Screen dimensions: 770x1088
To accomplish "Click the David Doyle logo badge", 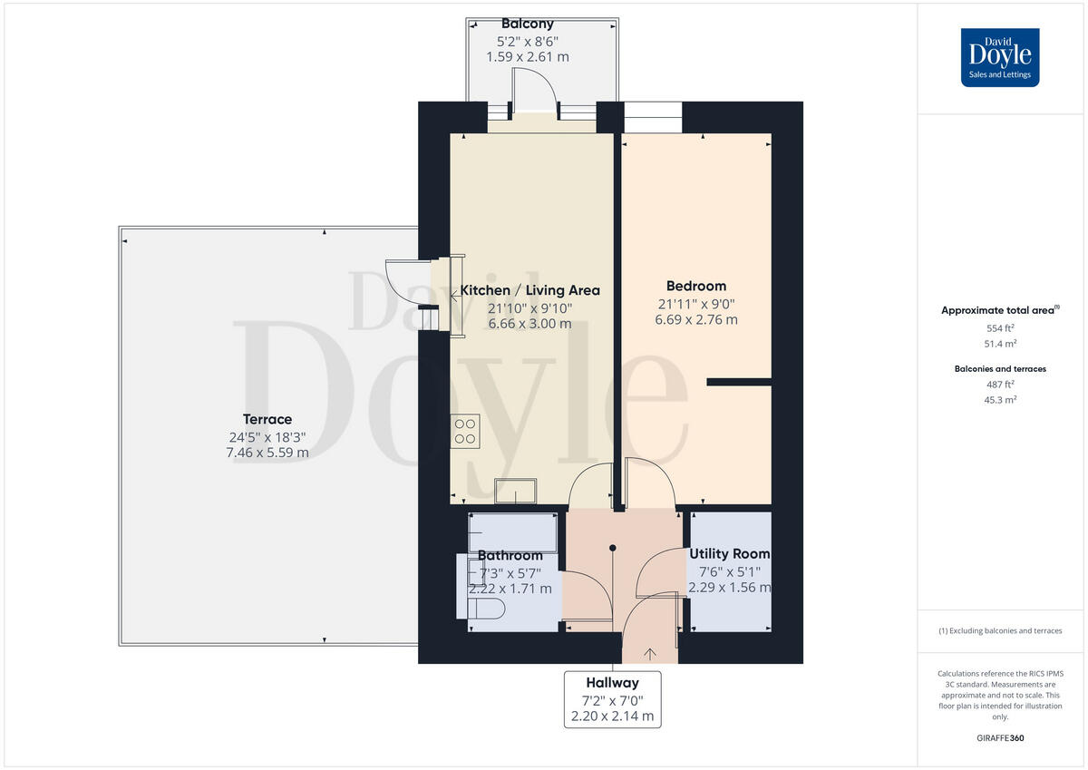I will [x=1000, y=57].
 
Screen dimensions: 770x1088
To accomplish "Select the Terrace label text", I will [x=267, y=419].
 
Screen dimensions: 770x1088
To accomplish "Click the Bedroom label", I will [x=696, y=286].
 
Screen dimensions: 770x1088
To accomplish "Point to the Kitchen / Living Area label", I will [x=530, y=290].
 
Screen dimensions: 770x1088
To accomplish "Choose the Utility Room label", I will [x=730, y=553].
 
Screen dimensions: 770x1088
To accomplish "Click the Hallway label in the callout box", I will [x=612, y=682].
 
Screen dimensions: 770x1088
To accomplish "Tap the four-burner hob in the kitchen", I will [x=467, y=430].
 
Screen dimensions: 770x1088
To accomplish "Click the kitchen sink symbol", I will [x=514, y=491].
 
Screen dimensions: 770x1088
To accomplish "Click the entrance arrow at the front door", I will [x=650, y=651].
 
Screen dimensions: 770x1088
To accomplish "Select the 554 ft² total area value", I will [x=1000, y=329].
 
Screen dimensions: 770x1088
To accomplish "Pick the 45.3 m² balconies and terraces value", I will [x=1000, y=399].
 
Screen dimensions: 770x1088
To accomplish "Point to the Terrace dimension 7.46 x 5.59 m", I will [x=267, y=452].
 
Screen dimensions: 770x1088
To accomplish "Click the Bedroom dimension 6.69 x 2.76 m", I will [x=696, y=319].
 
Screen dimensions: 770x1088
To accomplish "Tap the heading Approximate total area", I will [x=998, y=310].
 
